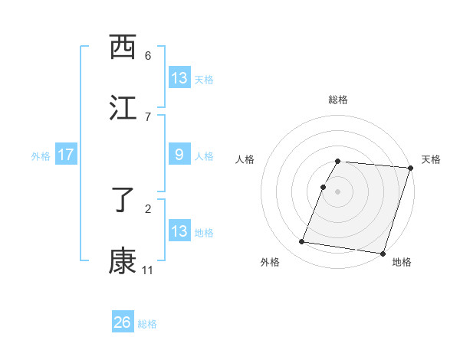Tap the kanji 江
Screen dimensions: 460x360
pyautogui.click(x=123, y=107)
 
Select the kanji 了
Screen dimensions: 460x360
pyautogui.click(x=123, y=201)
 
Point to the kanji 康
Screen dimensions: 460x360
pyautogui.click(x=123, y=260)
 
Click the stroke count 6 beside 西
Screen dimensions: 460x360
pyautogui.click(x=148, y=56)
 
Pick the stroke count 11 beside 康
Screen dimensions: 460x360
pyautogui.click(x=148, y=270)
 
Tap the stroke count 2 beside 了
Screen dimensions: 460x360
pyautogui.click(x=148, y=208)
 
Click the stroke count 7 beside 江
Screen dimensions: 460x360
pyautogui.click(x=148, y=116)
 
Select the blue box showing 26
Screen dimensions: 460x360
pyautogui.click(x=123, y=322)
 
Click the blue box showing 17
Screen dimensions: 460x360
pyautogui.click(x=65, y=155)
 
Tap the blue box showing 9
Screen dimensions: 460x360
pyautogui.click(x=179, y=155)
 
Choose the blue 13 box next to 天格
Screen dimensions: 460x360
pyautogui.click(x=179, y=78)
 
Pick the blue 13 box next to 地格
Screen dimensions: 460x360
pyautogui.click(x=179, y=232)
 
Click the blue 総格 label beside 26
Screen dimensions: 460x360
pyautogui.click(x=147, y=324)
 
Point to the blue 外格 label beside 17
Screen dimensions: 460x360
pyautogui.click(x=41, y=156)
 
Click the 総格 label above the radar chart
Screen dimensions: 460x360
pyautogui.click(x=338, y=100)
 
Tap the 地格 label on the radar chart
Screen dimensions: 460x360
pyautogui.click(x=402, y=263)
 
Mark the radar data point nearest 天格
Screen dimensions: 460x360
pyautogui.click(x=411, y=167)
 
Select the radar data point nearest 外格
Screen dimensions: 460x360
pyautogui.click(x=302, y=242)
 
